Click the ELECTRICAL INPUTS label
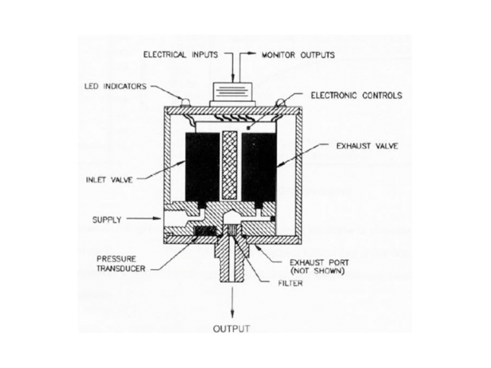click(x=181, y=55)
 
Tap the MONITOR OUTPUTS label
click(x=298, y=55)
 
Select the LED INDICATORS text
click(x=115, y=86)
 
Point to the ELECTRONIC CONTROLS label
click(x=356, y=95)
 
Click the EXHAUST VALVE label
click(x=367, y=146)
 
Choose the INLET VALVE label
click(x=109, y=180)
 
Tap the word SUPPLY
click(x=107, y=220)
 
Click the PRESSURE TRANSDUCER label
click(x=121, y=264)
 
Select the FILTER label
click(x=290, y=283)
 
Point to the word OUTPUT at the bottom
click(x=231, y=329)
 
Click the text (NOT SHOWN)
click(x=317, y=271)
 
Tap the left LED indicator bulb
click(x=185, y=102)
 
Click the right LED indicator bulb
click(x=280, y=102)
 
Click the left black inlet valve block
click(x=202, y=167)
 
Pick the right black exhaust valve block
click(x=259, y=167)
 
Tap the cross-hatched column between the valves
click(x=231, y=166)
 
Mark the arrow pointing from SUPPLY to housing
click(x=144, y=219)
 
